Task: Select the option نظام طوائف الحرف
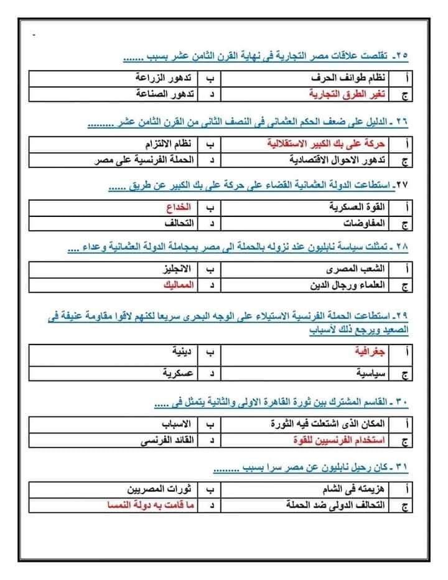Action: [x=352, y=80]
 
